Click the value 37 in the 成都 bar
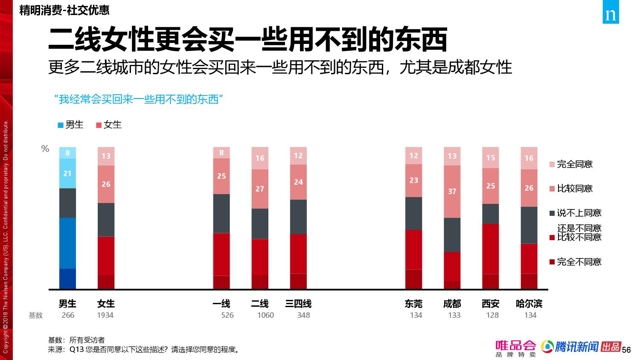pos(452,192)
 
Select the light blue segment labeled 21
pos(67,174)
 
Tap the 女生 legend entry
pos(109,125)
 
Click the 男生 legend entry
pos(70,125)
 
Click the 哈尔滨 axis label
pos(529,304)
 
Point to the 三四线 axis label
pos(298,304)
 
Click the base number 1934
pos(105,315)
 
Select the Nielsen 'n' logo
pos(611,15)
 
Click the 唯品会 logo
pos(515,348)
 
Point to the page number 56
pos(626,350)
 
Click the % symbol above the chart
pos(45,149)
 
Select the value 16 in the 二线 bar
pos(260,158)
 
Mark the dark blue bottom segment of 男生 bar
pos(67,279)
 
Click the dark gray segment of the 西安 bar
pos(490,214)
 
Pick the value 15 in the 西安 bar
pos(491,158)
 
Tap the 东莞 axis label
pos(413,304)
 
